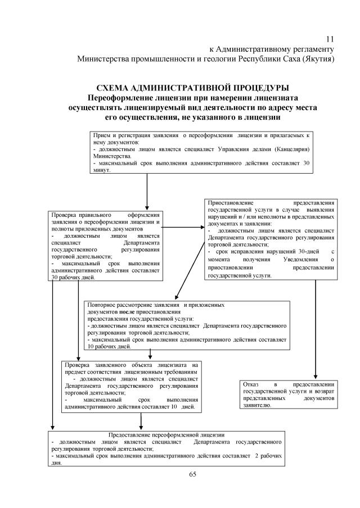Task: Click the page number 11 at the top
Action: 330,39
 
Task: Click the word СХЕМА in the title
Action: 112,88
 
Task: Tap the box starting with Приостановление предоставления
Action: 271,239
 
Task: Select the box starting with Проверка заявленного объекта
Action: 131,387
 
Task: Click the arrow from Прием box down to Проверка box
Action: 147,191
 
